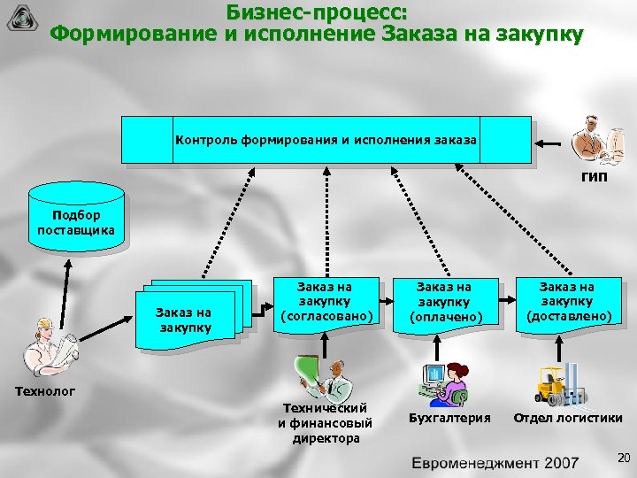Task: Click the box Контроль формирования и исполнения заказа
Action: [326, 140]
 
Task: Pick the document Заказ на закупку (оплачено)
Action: [445, 303]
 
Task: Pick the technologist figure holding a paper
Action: [50, 346]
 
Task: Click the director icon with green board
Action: [320, 374]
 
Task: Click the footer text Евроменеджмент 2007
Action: [495, 462]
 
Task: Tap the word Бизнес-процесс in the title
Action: [318, 12]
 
